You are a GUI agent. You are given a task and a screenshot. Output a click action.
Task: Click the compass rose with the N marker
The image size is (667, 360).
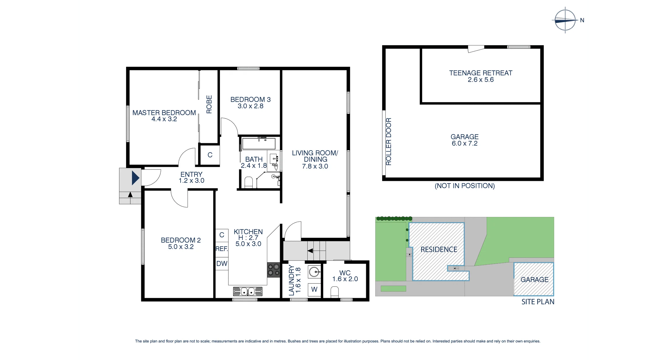pos(565,20)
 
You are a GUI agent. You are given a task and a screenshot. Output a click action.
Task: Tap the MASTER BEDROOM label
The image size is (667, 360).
pos(164,113)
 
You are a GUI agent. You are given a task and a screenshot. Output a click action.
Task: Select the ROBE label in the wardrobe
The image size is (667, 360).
pos(209,104)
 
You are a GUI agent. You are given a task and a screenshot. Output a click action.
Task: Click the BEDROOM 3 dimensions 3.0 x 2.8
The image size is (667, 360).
pos(250,106)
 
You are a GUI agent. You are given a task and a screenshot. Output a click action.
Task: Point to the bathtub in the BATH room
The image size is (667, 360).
pos(259,144)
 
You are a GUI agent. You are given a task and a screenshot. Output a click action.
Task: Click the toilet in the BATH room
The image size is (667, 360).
pos(248,182)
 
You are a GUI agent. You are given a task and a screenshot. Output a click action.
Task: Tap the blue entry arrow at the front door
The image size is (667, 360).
pos(135,178)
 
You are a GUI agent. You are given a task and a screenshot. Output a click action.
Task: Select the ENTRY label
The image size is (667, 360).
pos(191,174)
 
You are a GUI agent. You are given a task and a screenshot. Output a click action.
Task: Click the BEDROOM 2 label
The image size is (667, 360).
pos(181,240)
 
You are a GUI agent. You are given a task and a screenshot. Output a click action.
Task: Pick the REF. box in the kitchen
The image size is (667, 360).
pos(222,249)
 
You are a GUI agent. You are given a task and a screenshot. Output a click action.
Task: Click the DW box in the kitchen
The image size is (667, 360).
pos(222,263)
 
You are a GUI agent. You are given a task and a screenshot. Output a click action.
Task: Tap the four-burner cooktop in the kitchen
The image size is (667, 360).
pos(273,270)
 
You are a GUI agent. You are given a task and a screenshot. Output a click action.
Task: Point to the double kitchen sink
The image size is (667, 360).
pos(248,291)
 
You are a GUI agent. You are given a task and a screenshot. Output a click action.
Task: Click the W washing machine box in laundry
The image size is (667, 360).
pos(314,289)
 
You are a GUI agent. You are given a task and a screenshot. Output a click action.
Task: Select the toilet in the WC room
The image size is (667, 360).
pos(335,292)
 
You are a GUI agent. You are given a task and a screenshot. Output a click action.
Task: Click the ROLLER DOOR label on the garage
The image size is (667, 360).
pos(388,141)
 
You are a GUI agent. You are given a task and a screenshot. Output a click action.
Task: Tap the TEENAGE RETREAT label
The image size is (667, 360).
pos(481,73)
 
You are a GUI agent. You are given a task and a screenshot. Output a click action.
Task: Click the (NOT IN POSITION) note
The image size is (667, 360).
pos(465,186)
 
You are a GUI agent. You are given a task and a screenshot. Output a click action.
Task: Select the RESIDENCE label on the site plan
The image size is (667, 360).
pos(439,249)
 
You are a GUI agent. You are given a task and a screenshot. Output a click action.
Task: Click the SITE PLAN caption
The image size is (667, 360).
pos(538,302)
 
